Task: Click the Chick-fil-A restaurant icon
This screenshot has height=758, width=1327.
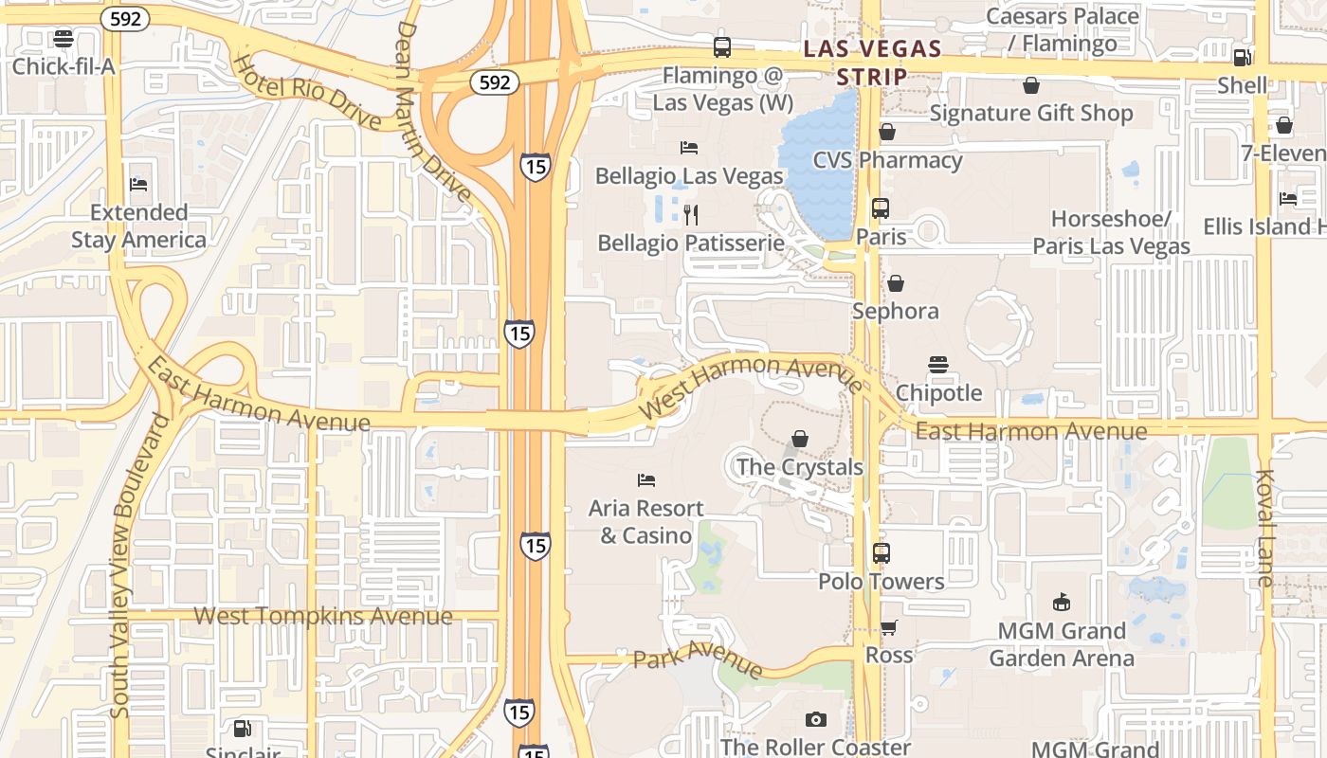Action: [64, 39]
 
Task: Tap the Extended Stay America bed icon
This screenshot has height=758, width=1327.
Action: [138, 184]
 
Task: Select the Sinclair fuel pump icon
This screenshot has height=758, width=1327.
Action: [243, 729]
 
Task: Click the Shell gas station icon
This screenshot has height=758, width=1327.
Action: [1243, 57]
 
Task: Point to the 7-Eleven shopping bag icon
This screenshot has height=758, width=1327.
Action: [1284, 125]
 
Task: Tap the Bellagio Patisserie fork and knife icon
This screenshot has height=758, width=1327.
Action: [690, 215]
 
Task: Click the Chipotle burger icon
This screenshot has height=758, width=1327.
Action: [938, 365]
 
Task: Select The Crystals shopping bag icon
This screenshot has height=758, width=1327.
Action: [800, 439]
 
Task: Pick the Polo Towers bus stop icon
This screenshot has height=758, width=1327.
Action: [882, 552]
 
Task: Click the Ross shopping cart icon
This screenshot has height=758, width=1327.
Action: [888, 627]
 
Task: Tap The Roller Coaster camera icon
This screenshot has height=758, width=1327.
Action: [815, 720]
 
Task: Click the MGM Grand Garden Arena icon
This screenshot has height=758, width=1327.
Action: [1062, 603]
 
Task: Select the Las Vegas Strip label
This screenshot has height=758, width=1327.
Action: [871, 62]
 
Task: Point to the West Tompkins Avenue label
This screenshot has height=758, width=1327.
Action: [323, 616]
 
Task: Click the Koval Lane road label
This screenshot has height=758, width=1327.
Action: [1265, 528]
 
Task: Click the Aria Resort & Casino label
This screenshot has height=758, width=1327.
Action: [645, 522]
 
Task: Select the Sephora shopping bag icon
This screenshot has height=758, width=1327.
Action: [895, 283]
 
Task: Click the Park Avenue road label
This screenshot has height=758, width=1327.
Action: [698, 658]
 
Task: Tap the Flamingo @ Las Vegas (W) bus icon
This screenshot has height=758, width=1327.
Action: [722, 46]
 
